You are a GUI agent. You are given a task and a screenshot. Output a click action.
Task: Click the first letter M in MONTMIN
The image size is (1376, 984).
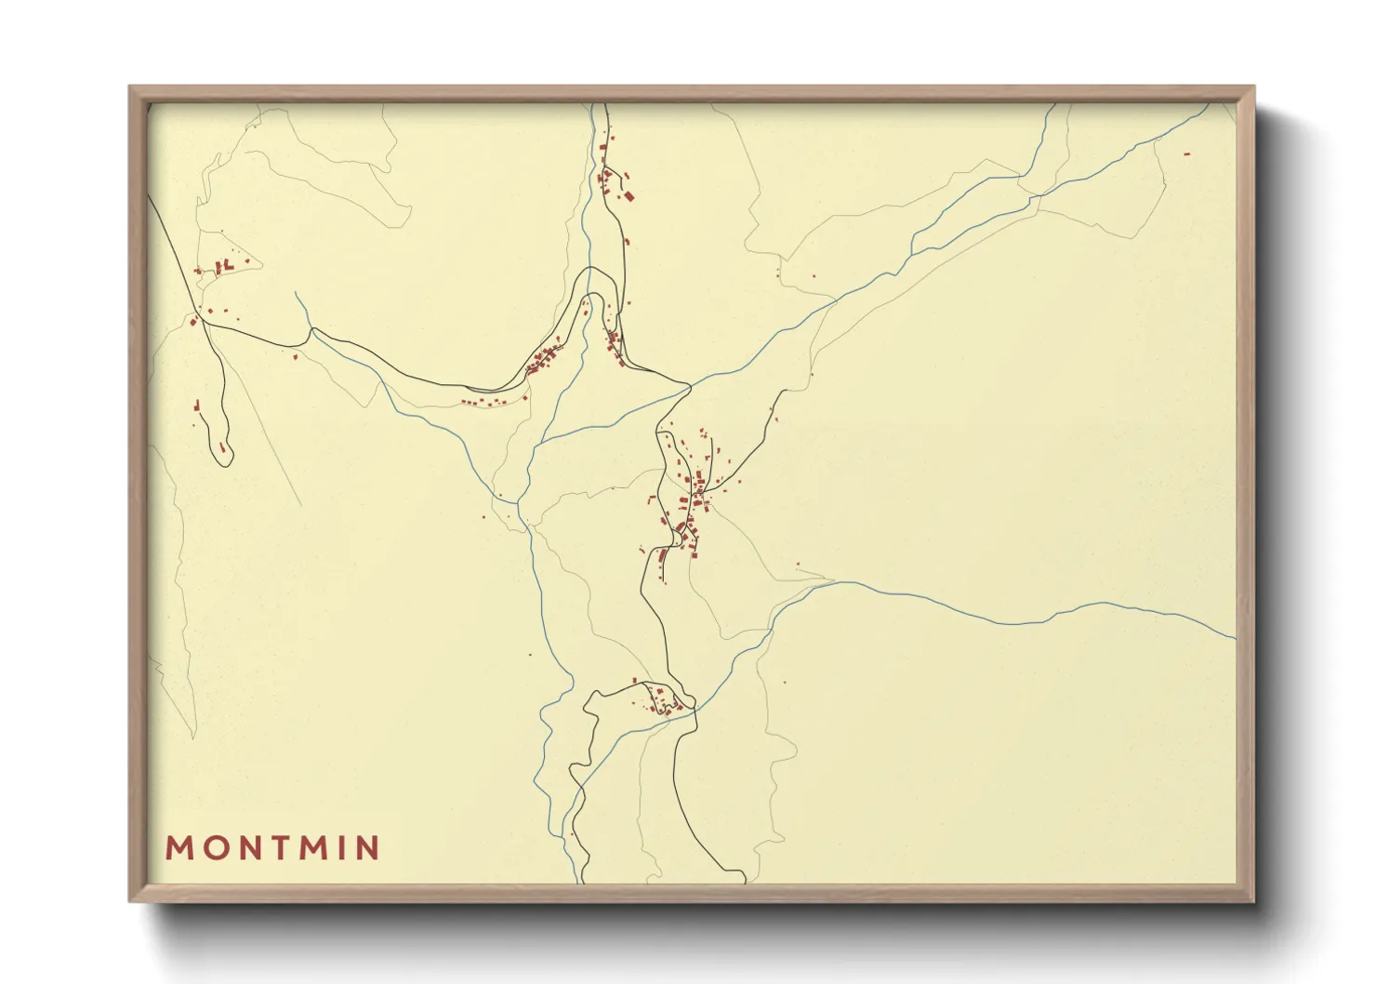coord(179,848)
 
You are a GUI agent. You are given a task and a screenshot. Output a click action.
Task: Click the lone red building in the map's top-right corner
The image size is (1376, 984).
coord(1186,153)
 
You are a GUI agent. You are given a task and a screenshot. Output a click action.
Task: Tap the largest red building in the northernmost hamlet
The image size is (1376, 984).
coord(628,196)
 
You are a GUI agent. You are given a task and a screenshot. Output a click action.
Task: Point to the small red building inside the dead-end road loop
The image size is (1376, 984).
coord(222,447)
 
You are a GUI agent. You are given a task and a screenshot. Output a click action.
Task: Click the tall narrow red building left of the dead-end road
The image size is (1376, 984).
coord(197,406)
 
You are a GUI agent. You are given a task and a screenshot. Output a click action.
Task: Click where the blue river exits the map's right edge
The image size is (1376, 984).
coord(1234,638)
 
